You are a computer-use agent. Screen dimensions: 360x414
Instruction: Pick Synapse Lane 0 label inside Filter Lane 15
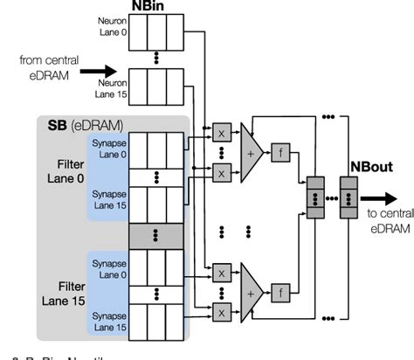(111, 257)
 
